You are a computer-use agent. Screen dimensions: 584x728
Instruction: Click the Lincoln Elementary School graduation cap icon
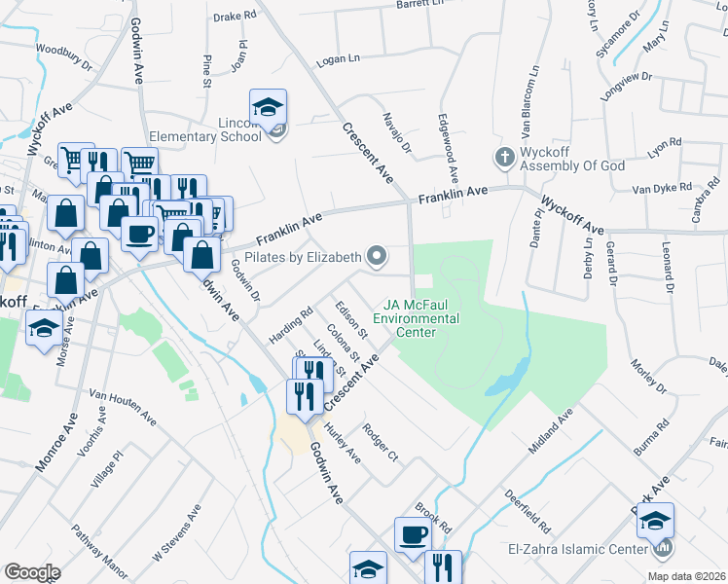pyautogui.click(x=268, y=108)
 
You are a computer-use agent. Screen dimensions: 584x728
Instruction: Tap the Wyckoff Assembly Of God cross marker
pyautogui.click(x=504, y=157)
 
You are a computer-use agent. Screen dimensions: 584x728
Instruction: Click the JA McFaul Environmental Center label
pyautogui.click(x=429, y=318)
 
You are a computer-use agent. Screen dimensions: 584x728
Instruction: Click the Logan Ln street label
pyautogui.click(x=338, y=59)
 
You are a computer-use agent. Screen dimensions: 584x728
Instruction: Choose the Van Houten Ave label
pyautogui.click(x=123, y=408)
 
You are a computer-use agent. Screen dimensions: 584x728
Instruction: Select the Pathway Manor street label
pyautogui.click(x=100, y=550)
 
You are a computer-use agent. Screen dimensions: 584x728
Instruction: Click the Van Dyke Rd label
pyautogui.click(x=661, y=188)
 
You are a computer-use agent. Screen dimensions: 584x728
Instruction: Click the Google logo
pyautogui.click(x=32, y=572)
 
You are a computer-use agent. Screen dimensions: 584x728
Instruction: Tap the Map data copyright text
pyautogui.click(x=685, y=576)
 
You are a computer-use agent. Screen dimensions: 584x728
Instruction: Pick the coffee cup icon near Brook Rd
pyautogui.click(x=412, y=534)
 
